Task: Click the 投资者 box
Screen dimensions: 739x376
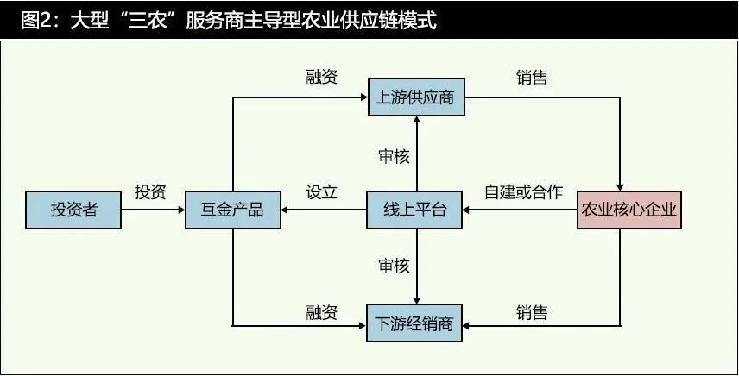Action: click(73, 210)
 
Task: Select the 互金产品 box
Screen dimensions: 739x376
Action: click(233, 210)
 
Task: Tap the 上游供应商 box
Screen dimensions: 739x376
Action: click(416, 97)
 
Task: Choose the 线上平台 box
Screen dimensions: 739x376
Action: click(414, 210)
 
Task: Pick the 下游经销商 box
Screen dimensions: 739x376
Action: click(414, 323)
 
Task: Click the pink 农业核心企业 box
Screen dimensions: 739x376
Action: click(629, 210)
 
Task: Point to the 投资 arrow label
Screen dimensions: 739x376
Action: click(150, 192)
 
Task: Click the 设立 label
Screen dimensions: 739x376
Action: click(322, 192)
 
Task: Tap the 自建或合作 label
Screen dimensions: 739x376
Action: click(524, 192)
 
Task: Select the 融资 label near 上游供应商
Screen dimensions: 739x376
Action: click(322, 77)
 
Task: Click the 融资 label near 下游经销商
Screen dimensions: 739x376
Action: click(322, 312)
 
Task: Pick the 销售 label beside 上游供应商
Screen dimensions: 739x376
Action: click(532, 78)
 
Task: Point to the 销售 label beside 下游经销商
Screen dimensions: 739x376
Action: click(532, 312)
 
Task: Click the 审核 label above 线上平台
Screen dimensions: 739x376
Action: click(394, 156)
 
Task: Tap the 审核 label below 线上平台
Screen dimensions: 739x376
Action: click(394, 266)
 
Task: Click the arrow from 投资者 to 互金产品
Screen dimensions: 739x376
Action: click(153, 210)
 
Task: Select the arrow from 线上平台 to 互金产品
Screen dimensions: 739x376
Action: click(324, 210)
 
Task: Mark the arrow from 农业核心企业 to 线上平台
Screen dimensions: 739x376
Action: click(520, 210)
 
